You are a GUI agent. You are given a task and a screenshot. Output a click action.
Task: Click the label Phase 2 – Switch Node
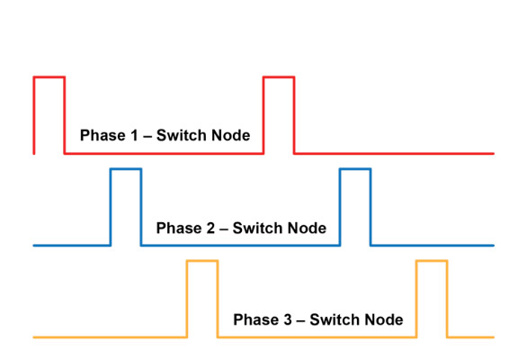(x=240, y=228)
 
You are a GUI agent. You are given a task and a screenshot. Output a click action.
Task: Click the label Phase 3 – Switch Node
(x=317, y=319)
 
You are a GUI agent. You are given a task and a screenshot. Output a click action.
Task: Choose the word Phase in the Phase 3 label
(x=253, y=319)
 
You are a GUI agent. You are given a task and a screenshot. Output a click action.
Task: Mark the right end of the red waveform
(x=493, y=153)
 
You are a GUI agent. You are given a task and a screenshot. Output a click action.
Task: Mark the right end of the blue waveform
(x=493, y=245)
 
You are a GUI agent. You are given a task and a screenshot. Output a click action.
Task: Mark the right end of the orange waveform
(x=493, y=337)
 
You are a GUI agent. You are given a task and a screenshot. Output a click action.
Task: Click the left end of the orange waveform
(x=35, y=337)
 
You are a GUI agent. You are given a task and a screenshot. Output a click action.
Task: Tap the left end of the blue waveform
(x=35, y=245)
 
